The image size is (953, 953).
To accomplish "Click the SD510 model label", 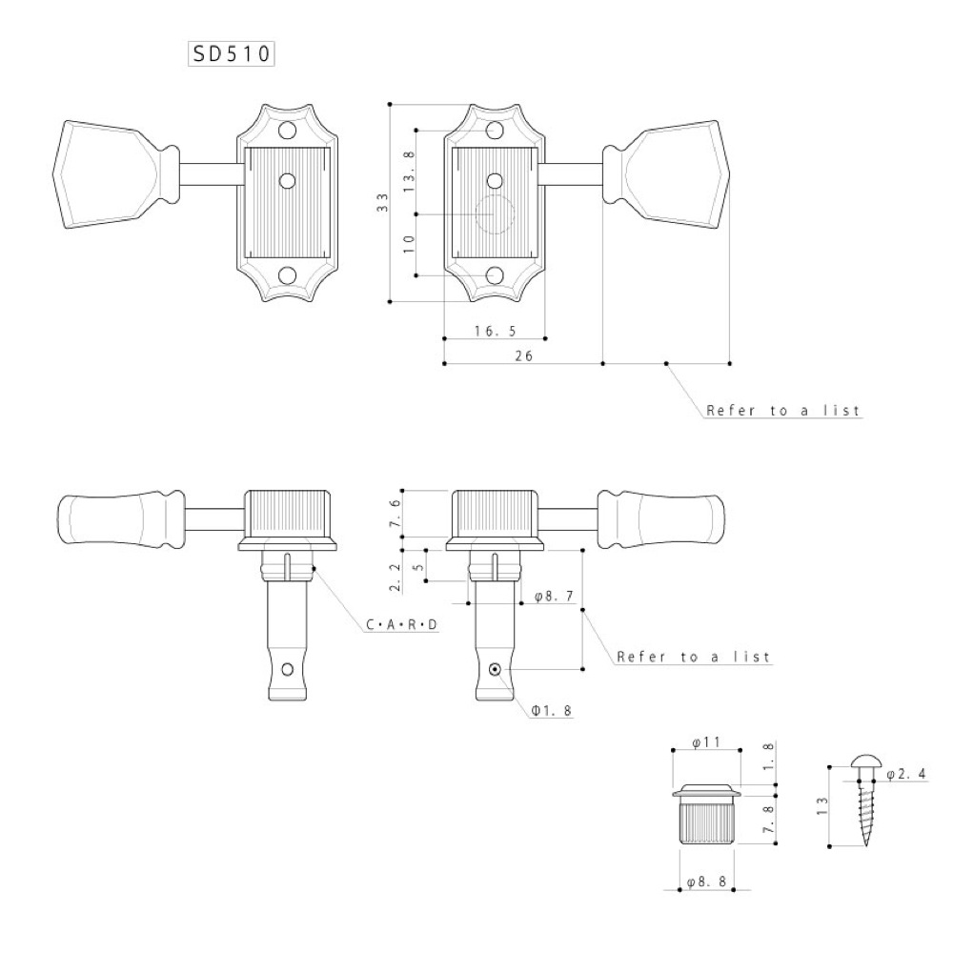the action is [231, 54].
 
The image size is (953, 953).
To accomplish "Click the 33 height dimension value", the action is [382, 202].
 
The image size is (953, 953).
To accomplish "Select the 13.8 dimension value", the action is [409, 172].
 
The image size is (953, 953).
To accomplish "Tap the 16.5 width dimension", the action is [496, 331].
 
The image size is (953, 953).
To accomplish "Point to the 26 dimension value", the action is [524, 356].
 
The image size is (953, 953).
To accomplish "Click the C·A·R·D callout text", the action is [402, 624].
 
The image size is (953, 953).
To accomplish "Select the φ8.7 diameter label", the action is [554, 597].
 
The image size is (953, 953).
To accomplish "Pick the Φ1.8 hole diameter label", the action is [551, 711].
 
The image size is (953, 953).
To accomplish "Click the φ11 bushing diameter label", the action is [705, 742].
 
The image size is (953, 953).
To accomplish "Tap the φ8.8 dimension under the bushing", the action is [706, 882].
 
